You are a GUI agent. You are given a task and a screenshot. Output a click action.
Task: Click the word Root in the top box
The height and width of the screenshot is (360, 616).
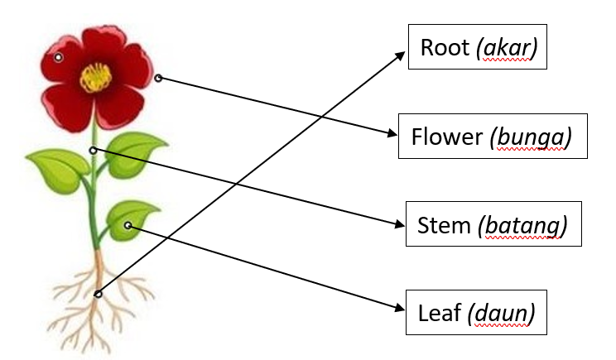point(445,47)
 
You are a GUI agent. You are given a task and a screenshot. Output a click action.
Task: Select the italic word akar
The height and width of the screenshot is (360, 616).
point(508,48)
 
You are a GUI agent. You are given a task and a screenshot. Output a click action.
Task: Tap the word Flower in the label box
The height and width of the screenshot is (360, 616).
point(446,137)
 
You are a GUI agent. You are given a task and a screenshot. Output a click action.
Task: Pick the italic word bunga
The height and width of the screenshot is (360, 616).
point(531,137)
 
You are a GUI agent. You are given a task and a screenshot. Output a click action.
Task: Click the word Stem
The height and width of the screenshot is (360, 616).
point(444,225)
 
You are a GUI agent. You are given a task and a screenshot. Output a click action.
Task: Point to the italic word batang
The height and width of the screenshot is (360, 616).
point(522,226)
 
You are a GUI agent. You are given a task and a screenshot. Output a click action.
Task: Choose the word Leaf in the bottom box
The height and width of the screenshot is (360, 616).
point(439,314)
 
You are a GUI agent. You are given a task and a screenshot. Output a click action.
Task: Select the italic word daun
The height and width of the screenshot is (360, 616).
point(501,314)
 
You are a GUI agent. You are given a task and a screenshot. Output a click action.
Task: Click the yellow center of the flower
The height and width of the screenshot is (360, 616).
point(96,78)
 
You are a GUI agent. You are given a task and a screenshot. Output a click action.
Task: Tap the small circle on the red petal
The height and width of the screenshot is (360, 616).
point(58,58)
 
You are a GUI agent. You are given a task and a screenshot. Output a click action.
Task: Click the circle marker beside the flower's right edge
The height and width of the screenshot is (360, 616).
point(158,78)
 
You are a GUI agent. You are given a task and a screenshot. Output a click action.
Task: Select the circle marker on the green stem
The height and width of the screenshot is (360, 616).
point(93,151)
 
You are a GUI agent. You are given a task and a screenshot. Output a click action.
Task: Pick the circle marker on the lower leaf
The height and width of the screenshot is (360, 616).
point(128,225)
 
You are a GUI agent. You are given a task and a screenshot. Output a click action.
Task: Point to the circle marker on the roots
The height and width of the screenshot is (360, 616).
point(99,294)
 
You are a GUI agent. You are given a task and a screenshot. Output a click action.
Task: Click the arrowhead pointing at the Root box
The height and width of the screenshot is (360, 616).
point(399,56)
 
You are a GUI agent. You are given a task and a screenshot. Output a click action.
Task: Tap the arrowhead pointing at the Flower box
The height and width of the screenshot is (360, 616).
point(392,133)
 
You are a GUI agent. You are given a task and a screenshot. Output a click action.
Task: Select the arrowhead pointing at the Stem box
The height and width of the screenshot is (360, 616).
point(399,224)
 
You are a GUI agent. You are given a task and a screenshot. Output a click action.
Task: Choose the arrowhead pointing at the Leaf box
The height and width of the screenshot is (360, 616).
point(399,308)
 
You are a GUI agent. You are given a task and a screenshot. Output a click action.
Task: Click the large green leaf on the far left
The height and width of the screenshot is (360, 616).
point(59,170)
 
